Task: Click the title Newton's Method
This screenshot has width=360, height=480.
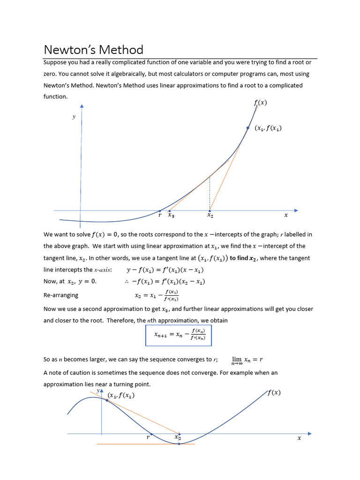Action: pos(93,50)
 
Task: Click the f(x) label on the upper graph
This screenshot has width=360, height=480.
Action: pos(260,103)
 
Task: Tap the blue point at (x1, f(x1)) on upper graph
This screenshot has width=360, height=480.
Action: pos(248,127)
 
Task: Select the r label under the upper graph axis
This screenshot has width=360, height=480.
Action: pos(160,216)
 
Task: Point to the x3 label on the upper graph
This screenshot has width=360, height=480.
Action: pos(171,216)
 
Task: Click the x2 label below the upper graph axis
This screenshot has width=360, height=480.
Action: pos(210,216)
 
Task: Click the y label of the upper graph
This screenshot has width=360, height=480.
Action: pos(74,117)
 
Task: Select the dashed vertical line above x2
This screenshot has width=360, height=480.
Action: pos(210,193)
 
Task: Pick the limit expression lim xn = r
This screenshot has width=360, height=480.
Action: pos(247,360)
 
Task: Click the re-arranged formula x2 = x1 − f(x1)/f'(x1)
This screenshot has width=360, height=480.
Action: pos(157,295)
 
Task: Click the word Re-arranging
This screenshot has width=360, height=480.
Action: pos(61,295)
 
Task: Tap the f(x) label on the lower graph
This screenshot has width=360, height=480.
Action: pos(274,393)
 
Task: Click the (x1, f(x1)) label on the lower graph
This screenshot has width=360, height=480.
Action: pos(121,395)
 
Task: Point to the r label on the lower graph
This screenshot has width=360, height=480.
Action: pos(148,437)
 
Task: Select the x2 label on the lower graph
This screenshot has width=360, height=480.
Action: pos(178,437)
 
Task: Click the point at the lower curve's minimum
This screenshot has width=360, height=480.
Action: pos(179,443)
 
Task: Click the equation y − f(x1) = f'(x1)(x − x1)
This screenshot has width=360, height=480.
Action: pos(165,270)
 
